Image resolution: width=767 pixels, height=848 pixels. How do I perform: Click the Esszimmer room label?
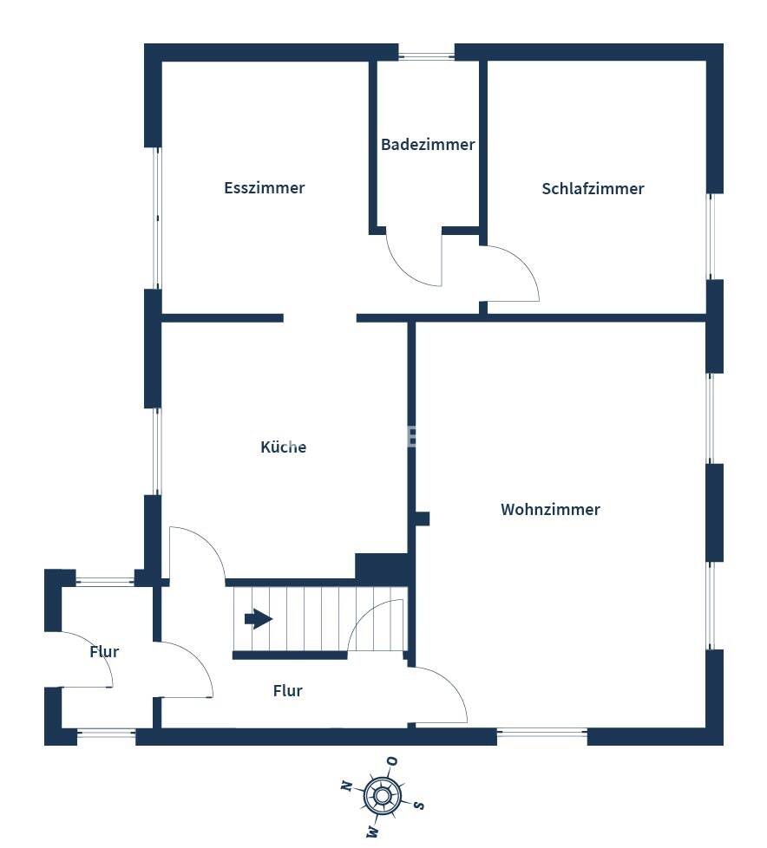264,187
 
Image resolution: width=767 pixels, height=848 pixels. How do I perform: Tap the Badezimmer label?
428,145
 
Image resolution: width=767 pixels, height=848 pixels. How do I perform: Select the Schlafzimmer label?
593,189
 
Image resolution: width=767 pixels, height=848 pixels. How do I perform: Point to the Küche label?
283,447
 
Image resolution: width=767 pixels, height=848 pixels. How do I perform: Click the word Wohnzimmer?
550,510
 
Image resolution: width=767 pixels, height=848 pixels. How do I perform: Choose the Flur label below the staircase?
287,690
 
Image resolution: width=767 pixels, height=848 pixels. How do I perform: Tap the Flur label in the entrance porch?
104,652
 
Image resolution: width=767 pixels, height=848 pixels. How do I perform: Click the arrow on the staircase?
259,619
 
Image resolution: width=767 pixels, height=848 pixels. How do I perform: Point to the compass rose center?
382,796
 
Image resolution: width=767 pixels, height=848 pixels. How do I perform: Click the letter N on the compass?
346,786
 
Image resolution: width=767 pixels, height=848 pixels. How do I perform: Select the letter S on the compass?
418,806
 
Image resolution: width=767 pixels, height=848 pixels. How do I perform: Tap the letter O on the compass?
392,761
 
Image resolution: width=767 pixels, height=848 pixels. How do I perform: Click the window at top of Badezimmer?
427,55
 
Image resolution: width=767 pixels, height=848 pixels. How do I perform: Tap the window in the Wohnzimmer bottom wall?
541,734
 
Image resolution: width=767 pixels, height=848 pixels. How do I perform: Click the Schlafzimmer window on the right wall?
711,237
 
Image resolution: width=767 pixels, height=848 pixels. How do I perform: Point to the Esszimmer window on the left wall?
156,218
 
